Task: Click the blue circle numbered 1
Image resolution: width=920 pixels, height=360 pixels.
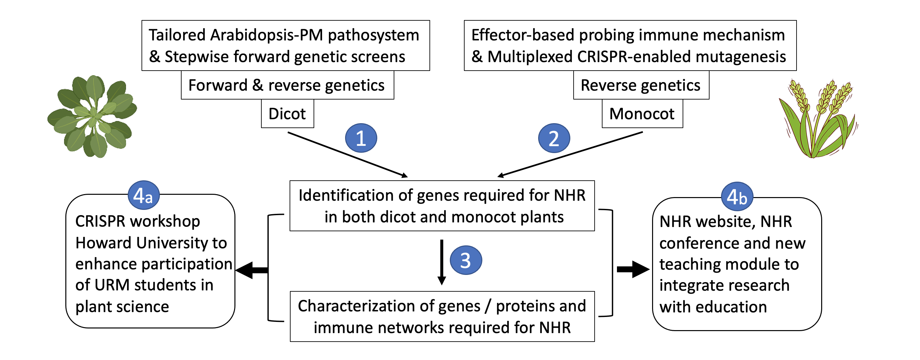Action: (361, 138)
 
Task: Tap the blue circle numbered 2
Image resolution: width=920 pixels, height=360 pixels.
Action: (554, 138)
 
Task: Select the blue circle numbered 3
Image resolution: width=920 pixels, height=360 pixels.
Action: (466, 260)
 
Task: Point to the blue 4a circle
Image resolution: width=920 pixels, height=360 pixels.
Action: (143, 195)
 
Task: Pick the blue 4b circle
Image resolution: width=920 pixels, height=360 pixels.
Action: (737, 196)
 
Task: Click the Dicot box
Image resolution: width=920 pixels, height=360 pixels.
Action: (288, 114)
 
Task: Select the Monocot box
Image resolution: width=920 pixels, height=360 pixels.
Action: (642, 114)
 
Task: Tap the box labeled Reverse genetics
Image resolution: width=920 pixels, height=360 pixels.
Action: (641, 85)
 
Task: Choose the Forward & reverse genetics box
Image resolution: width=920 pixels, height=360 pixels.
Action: (288, 85)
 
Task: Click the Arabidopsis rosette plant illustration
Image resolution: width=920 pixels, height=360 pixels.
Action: (92, 116)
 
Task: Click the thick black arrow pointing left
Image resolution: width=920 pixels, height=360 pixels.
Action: (252, 270)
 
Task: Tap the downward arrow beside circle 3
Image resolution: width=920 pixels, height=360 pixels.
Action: (442, 262)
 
